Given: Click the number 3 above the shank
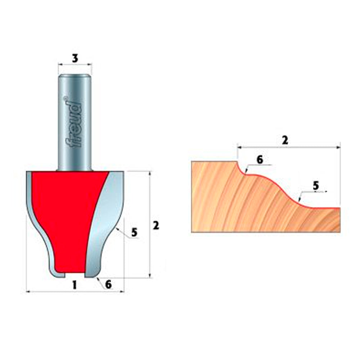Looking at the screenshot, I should pyautogui.click(x=75, y=58).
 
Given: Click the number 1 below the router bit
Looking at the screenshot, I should pyautogui.click(x=75, y=285).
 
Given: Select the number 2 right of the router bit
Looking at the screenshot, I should pyautogui.click(x=156, y=226).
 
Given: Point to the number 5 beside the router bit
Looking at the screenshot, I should pyautogui.click(x=134, y=233).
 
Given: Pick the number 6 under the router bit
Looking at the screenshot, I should pyautogui.click(x=108, y=284).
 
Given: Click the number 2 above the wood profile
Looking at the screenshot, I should pyautogui.click(x=285, y=140).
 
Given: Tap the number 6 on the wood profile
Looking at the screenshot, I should pyautogui.click(x=260, y=159).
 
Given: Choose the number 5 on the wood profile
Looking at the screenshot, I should pyautogui.click(x=316, y=186).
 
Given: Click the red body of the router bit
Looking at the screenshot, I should pyautogui.click(x=61, y=216).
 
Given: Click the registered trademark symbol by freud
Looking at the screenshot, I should pyautogui.click(x=65, y=98).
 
